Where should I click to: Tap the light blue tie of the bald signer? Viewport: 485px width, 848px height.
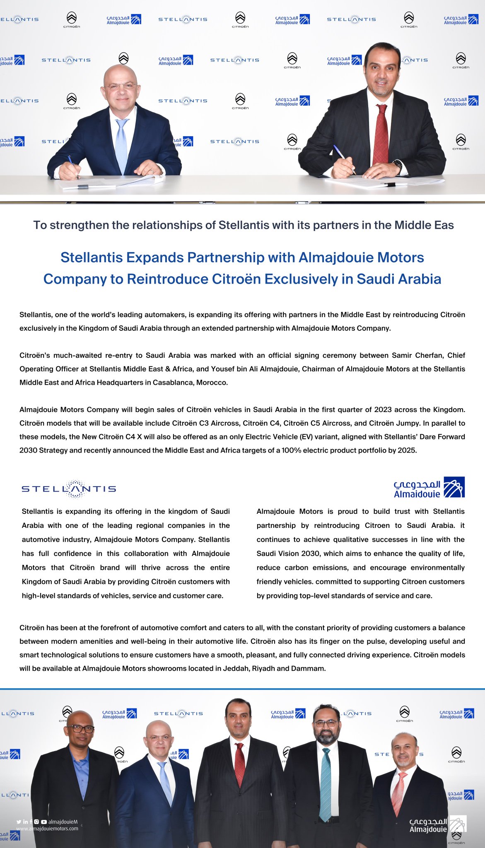point(122,145)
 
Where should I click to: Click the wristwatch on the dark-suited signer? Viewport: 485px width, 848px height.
point(398,165)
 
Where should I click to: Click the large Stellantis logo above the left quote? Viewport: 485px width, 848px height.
point(69,489)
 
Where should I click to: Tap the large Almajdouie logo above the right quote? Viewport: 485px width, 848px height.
point(429,487)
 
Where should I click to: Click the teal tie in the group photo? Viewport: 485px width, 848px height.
point(326,783)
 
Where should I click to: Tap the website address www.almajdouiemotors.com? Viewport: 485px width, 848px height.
point(47,829)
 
